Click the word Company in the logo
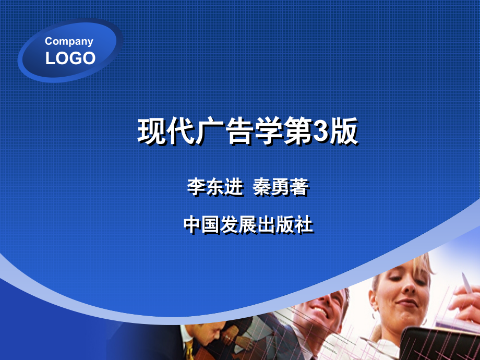tap(69, 41)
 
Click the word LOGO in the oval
tap(70, 58)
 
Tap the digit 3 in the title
tap(320, 131)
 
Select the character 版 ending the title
tap(344, 131)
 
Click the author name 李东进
tap(215, 188)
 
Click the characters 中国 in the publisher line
tap(202, 225)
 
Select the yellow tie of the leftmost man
tap(190, 350)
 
